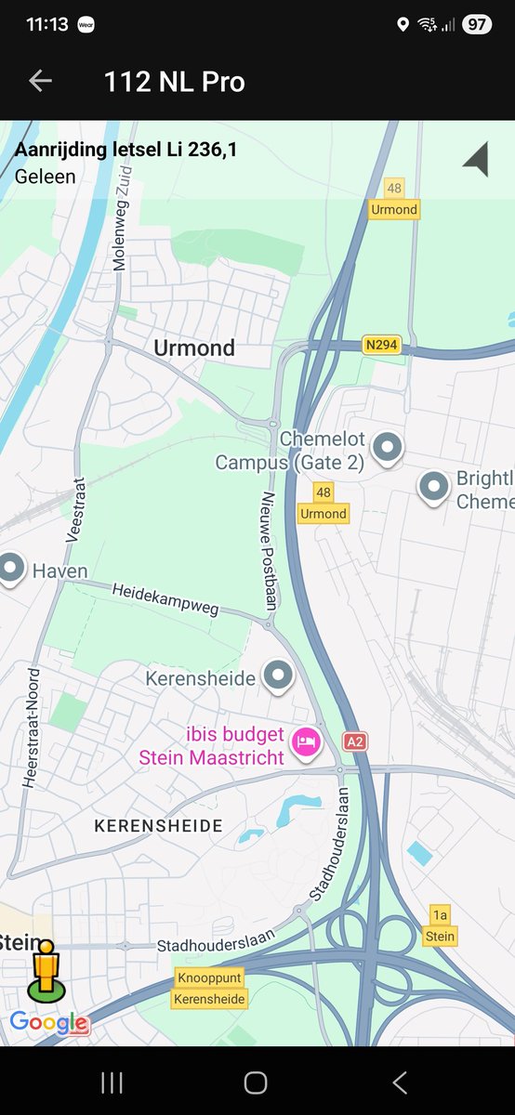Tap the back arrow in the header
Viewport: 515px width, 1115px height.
point(40,82)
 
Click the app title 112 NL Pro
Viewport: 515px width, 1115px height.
point(175,82)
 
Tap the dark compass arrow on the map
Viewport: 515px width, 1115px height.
point(477,160)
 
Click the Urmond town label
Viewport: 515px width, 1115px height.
point(194,348)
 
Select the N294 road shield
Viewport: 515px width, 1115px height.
point(381,346)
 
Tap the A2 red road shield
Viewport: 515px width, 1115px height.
point(354,741)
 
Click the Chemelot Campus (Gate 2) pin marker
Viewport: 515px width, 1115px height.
point(387,448)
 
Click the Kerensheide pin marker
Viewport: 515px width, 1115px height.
point(277,676)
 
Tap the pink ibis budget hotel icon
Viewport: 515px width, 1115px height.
point(306,742)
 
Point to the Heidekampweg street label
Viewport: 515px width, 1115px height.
point(165,599)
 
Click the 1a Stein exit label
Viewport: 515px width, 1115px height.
point(440,926)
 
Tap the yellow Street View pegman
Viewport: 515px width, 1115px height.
point(43,969)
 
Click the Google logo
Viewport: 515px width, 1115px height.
point(49,1023)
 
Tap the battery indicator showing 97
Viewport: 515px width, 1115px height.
point(477,25)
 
